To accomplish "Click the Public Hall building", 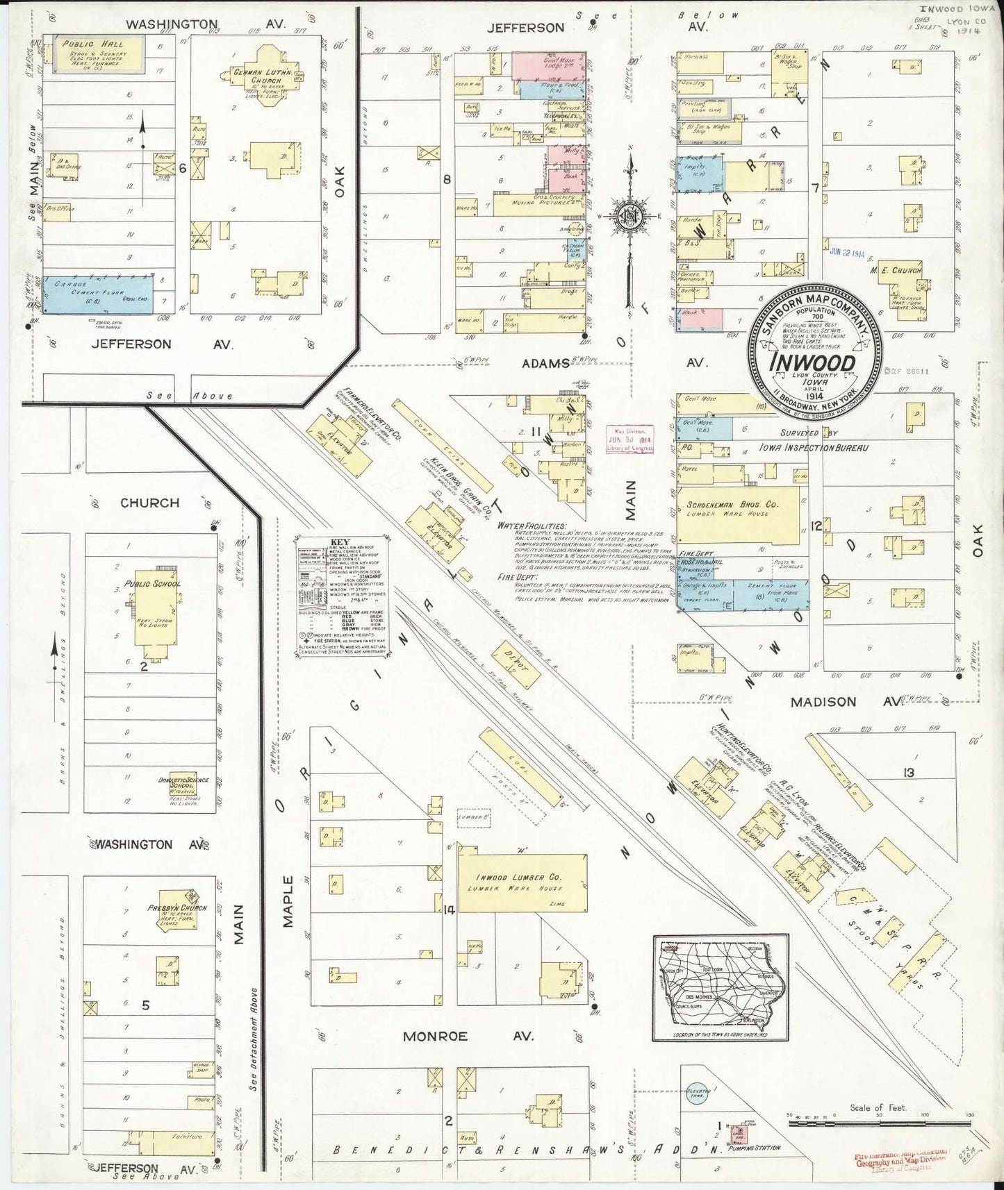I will click(x=93, y=55).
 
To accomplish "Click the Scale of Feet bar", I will click(x=878, y=1118).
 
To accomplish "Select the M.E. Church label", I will click(x=897, y=270).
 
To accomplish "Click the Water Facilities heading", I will click(x=532, y=526).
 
